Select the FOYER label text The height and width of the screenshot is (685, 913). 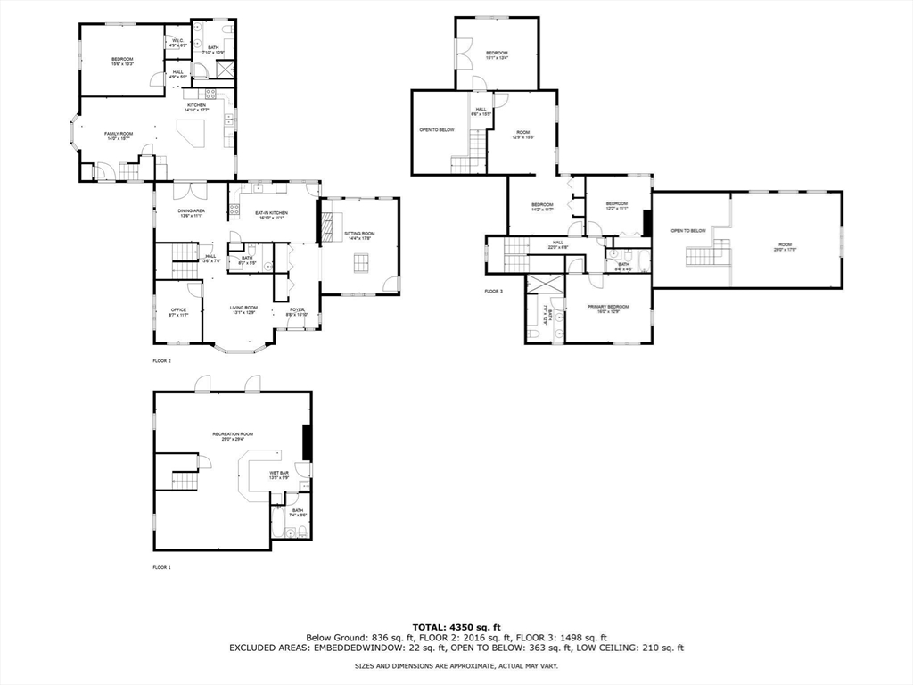click(297, 310)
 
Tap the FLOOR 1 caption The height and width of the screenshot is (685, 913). click(161, 567)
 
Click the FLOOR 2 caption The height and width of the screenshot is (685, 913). click(161, 361)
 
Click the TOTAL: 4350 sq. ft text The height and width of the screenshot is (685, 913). click(456, 627)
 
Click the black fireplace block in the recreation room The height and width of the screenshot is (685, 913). click(308, 442)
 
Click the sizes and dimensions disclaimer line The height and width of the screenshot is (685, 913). click(456, 666)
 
